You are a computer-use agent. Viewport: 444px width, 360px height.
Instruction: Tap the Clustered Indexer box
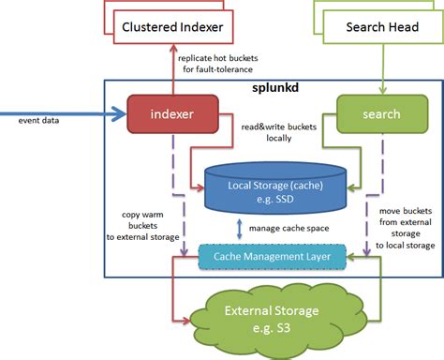(x=173, y=27)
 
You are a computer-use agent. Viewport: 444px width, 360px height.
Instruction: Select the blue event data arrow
(x=66, y=115)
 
